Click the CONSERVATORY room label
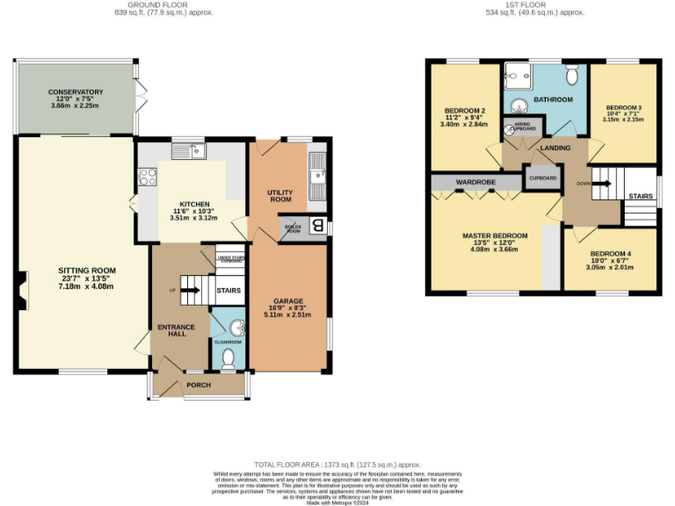click(x=76, y=91)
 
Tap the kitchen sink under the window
click(x=187, y=152)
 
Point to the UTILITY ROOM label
click(x=279, y=195)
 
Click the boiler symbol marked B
click(x=317, y=228)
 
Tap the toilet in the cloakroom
click(x=228, y=357)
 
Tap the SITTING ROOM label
click(x=87, y=270)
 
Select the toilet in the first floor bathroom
click(x=571, y=73)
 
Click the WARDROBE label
click(x=475, y=183)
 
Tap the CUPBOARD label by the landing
click(x=542, y=177)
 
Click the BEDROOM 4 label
click(x=612, y=254)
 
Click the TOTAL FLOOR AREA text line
click(x=337, y=464)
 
